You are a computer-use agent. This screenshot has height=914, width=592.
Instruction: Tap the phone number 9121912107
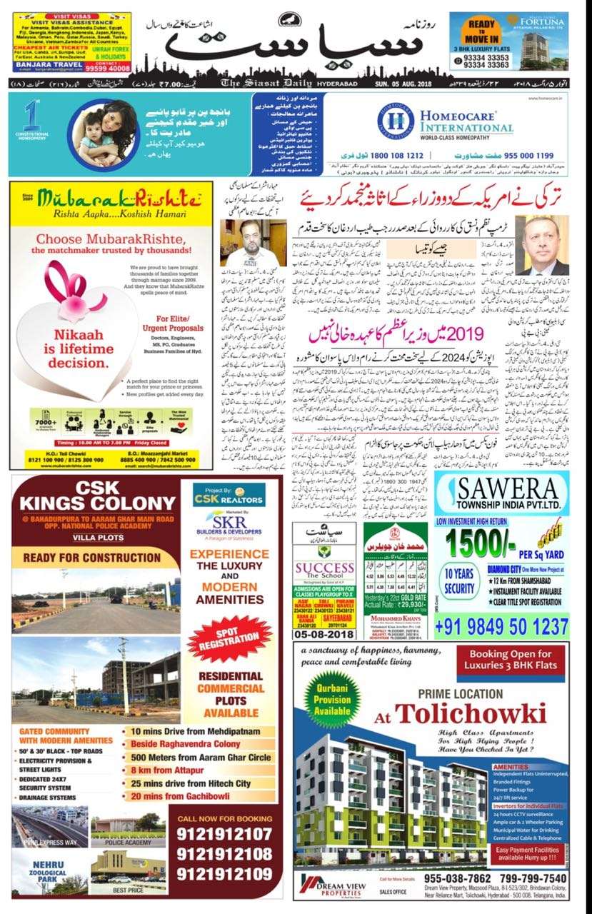coord(224,834)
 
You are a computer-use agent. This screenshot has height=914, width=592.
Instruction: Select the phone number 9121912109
coord(224,873)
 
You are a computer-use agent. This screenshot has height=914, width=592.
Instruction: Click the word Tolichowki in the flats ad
coord(471,713)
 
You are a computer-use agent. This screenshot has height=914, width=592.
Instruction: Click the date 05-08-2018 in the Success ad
coord(325,633)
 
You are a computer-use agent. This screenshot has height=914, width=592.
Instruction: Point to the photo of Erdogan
coord(542,245)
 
